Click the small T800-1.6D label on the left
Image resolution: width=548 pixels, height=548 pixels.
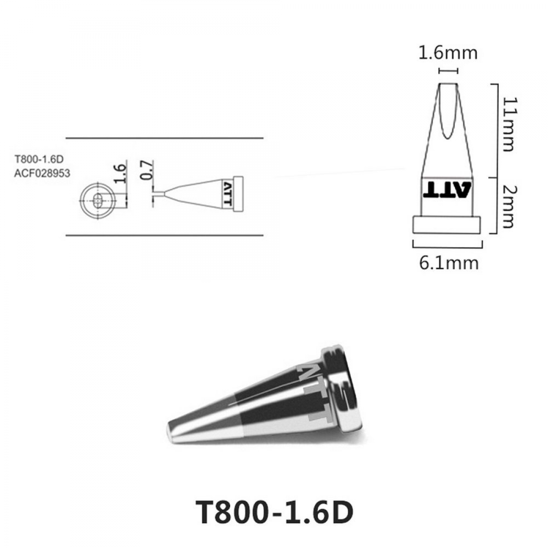click(39, 159)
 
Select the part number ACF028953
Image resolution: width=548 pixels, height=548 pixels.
click(42, 173)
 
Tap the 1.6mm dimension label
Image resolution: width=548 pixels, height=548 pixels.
click(448, 53)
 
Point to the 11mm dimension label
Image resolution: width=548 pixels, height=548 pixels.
click(509, 124)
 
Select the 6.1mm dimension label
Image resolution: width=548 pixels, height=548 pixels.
click(449, 263)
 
